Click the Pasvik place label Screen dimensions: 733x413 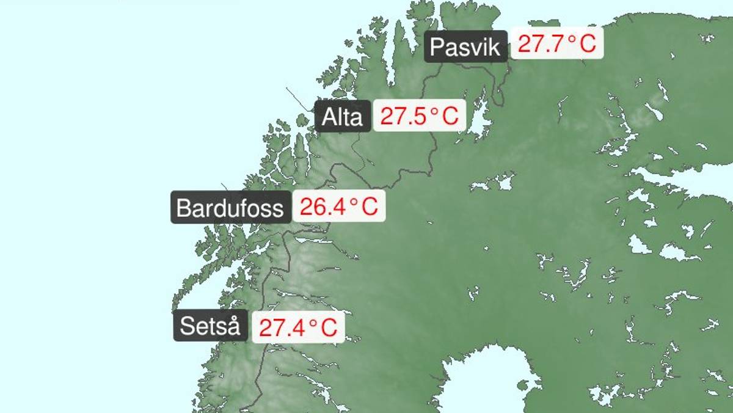tap(465, 47)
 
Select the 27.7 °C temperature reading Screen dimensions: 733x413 tap(556, 44)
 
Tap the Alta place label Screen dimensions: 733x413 tap(342, 116)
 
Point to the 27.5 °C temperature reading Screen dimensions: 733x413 tap(419, 115)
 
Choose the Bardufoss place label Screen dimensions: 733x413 tap(230, 208)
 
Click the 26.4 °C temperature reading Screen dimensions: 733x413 tap(338, 206)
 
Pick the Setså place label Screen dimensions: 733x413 tap(210, 326)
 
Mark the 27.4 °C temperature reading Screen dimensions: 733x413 tap(298, 327)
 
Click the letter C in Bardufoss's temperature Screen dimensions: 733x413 tap(370, 207)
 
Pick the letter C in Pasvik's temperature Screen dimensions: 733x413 tap(587, 44)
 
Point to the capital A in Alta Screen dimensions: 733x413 tap(329, 116)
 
